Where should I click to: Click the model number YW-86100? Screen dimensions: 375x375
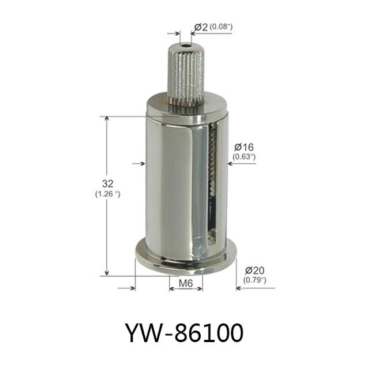pos(184,332)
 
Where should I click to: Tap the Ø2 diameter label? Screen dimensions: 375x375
pos(201,27)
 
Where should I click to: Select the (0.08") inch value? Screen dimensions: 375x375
pos(221,27)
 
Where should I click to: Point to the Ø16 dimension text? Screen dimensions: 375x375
pos(243,147)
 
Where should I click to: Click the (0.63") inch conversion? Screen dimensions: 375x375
pos(244,157)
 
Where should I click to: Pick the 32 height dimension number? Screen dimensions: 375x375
pos(108,183)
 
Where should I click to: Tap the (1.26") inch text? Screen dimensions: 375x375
pos(108,194)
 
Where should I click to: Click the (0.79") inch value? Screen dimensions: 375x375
pos(254,280)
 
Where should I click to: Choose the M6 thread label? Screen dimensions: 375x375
pos(186,283)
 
